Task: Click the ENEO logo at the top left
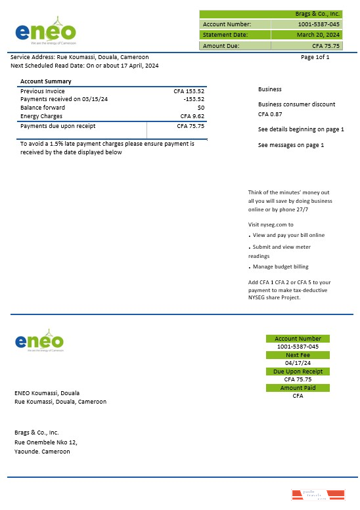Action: tap(45, 31)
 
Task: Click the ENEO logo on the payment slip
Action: tap(39, 341)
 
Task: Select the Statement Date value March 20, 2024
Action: tap(318, 34)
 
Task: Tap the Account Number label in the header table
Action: tap(223, 24)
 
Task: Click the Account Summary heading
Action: tap(46, 81)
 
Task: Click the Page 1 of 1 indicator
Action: tap(315, 57)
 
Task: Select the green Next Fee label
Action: tap(298, 355)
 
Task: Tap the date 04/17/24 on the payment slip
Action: tap(298, 363)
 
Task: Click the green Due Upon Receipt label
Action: tap(298, 372)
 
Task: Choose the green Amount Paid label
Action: tap(298, 388)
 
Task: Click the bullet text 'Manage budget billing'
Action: tap(281, 266)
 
